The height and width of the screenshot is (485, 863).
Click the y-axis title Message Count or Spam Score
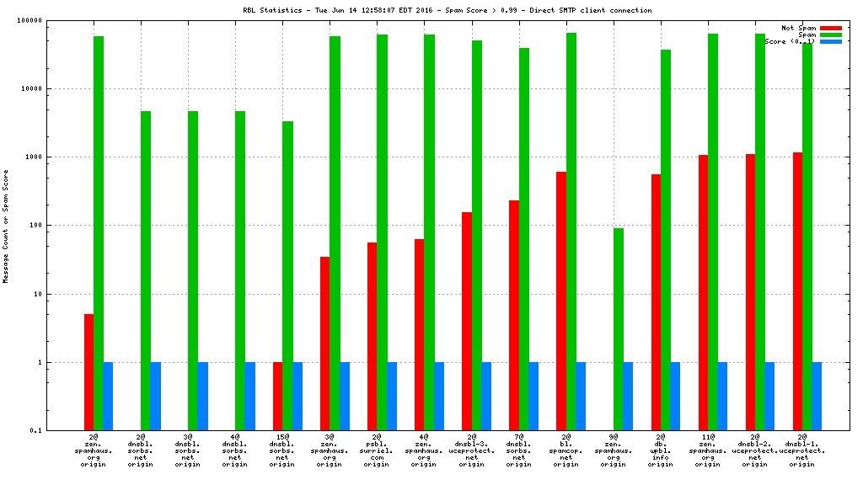pos(6,226)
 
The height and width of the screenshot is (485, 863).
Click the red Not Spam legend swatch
pos(830,28)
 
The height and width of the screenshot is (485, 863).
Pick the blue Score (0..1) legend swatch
pos(830,41)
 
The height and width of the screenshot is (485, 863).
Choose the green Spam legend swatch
pos(830,35)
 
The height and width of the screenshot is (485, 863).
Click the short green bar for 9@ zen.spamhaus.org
pos(619,329)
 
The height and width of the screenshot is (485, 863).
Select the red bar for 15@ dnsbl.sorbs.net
pos(278,397)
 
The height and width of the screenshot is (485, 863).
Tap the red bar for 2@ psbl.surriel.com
pos(373,337)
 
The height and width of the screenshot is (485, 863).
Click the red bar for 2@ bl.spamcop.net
pos(561,301)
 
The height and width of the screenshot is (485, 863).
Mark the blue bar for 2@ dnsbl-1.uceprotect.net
pos(817,397)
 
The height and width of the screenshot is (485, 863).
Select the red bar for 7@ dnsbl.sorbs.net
pos(514,316)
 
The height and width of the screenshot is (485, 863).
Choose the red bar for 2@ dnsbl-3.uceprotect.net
pos(467,322)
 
